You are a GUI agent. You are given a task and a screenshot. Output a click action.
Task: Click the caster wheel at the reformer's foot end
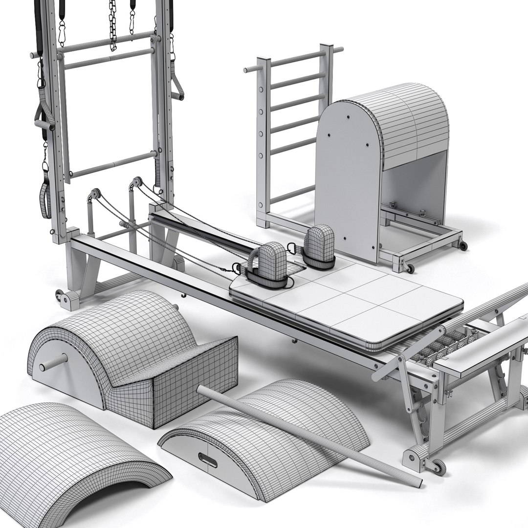pyautogui.click(x=438, y=467)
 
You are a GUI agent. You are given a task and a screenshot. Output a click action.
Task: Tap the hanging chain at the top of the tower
pyautogui.click(x=113, y=24)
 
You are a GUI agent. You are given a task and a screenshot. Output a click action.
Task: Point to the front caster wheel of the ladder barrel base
pyautogui.click(x=410, y=268)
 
